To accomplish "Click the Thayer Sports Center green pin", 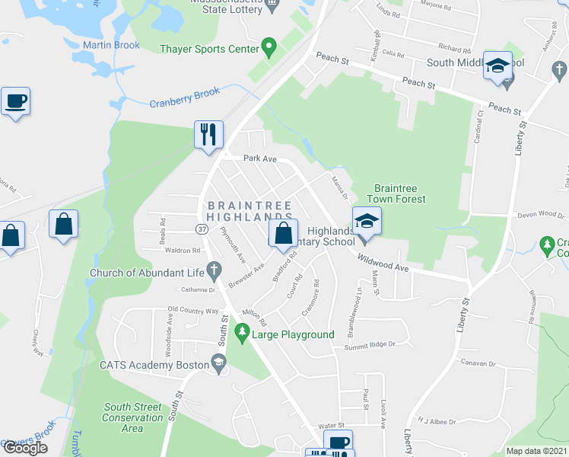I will point(268,47).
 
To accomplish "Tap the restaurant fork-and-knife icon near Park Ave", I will point(208,134).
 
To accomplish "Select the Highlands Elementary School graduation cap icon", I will point(367,221).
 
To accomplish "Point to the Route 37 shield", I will point(202,228).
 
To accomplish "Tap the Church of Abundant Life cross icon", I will point(215,270).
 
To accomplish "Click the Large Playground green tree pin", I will point(242,331).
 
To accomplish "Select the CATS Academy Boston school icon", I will point(219,363).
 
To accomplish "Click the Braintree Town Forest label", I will point(399,193).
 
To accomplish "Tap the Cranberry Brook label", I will point(184,97).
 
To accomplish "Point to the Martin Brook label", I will point(111,45).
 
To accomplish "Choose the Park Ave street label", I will point(259,158).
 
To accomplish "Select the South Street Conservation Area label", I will point(133,417).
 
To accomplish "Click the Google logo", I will point(25,447).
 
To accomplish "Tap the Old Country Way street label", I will point(193,311).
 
